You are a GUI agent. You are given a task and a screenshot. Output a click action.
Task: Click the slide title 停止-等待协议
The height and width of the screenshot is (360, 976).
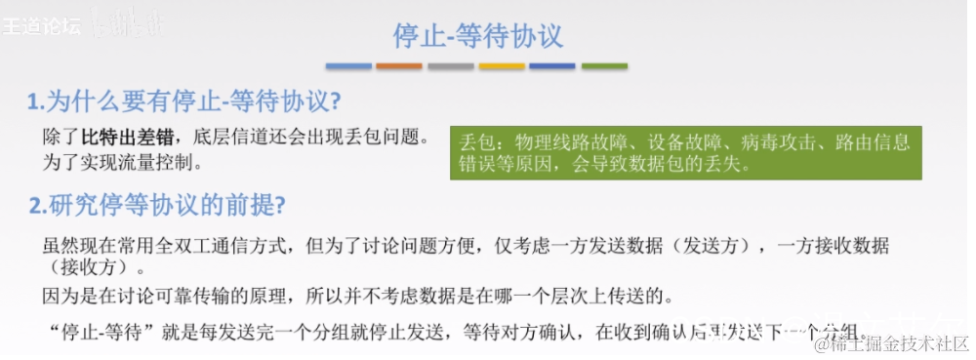click(477, 37)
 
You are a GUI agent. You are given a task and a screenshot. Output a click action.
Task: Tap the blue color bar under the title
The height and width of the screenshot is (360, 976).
click(348, 66)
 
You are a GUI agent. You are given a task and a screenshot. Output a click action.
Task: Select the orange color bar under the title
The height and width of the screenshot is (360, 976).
click(399, 66)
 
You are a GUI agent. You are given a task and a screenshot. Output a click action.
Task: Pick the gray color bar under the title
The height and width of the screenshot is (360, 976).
click(451, 66)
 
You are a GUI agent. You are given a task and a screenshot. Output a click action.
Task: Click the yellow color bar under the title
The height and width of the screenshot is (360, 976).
click(502, 66)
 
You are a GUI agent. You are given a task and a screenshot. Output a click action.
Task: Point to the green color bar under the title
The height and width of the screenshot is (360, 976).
click(604, 66)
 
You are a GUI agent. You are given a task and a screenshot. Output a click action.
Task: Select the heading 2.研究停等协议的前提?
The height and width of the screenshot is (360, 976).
click(157, 206)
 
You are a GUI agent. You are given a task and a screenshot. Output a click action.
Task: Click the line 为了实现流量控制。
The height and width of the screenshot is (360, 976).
click(117, 157)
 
